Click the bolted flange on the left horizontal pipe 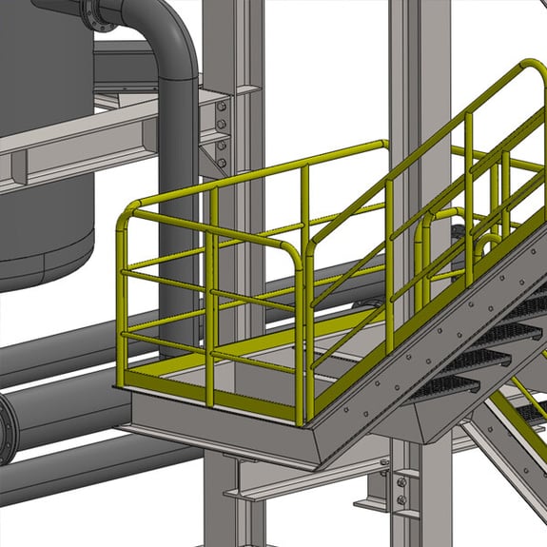click(7, 429)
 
